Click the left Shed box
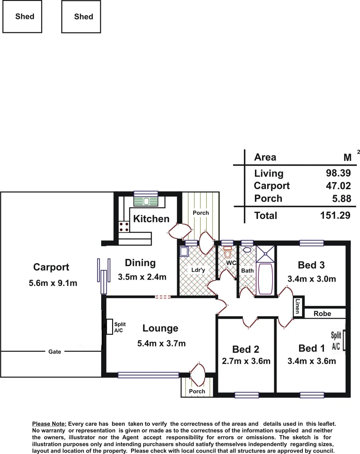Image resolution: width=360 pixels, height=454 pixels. [x=24, y=16]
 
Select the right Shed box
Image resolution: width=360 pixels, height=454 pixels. [x=83, y=16]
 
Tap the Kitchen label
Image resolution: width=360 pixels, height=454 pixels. [x=151, y=219]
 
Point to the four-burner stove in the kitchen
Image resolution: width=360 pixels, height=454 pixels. [x=124, y=227]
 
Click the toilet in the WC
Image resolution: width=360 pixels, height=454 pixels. [x=228, y=253]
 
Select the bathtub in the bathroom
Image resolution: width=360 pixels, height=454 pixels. [x=264, y=279]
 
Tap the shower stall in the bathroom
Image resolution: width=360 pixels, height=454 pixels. [x=264, y=254]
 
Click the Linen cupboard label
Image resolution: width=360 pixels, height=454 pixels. [x=297, y=306]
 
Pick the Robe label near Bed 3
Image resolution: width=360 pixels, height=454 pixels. [x=323, y=314]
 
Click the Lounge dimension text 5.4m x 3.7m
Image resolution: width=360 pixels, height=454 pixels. [x=161, y=343]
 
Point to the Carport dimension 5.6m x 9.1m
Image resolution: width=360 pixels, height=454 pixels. [x=53, y=283]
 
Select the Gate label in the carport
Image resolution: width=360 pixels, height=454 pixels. [x=55, y=351]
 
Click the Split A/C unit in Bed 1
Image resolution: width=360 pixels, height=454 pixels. [x=344, y=340]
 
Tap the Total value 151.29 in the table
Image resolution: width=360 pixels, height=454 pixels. [x=335, y=216]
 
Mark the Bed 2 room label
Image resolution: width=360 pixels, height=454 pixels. [x=245, y=349]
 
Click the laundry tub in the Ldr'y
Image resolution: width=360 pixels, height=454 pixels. [x=184, y=251]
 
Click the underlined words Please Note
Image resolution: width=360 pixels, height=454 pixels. [x=49, y=425]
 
